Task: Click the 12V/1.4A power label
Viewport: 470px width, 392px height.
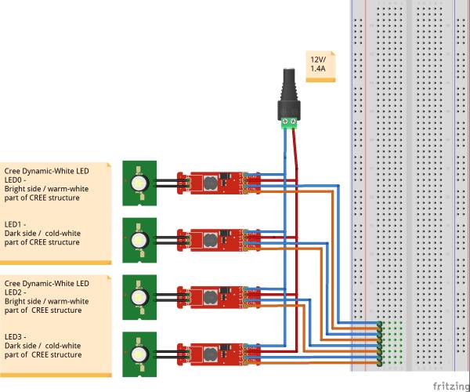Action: [319, 64]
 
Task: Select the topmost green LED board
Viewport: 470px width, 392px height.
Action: [139, 181]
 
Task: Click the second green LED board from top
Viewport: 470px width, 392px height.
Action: [139, 238]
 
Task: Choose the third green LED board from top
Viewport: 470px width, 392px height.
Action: [139, 296]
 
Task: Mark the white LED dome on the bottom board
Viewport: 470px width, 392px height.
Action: [139, 355]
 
